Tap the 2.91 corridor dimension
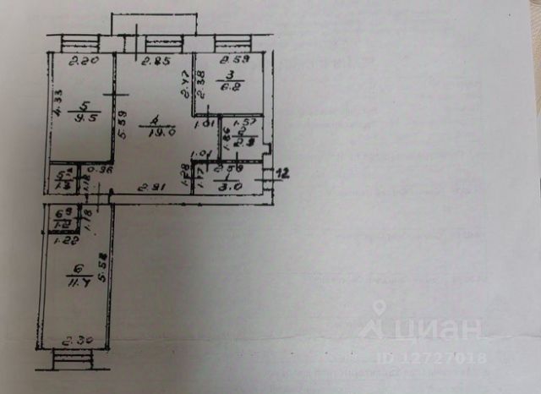click(151, 187)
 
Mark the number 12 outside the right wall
click(283, 173)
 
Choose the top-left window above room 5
click(81, 42)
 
